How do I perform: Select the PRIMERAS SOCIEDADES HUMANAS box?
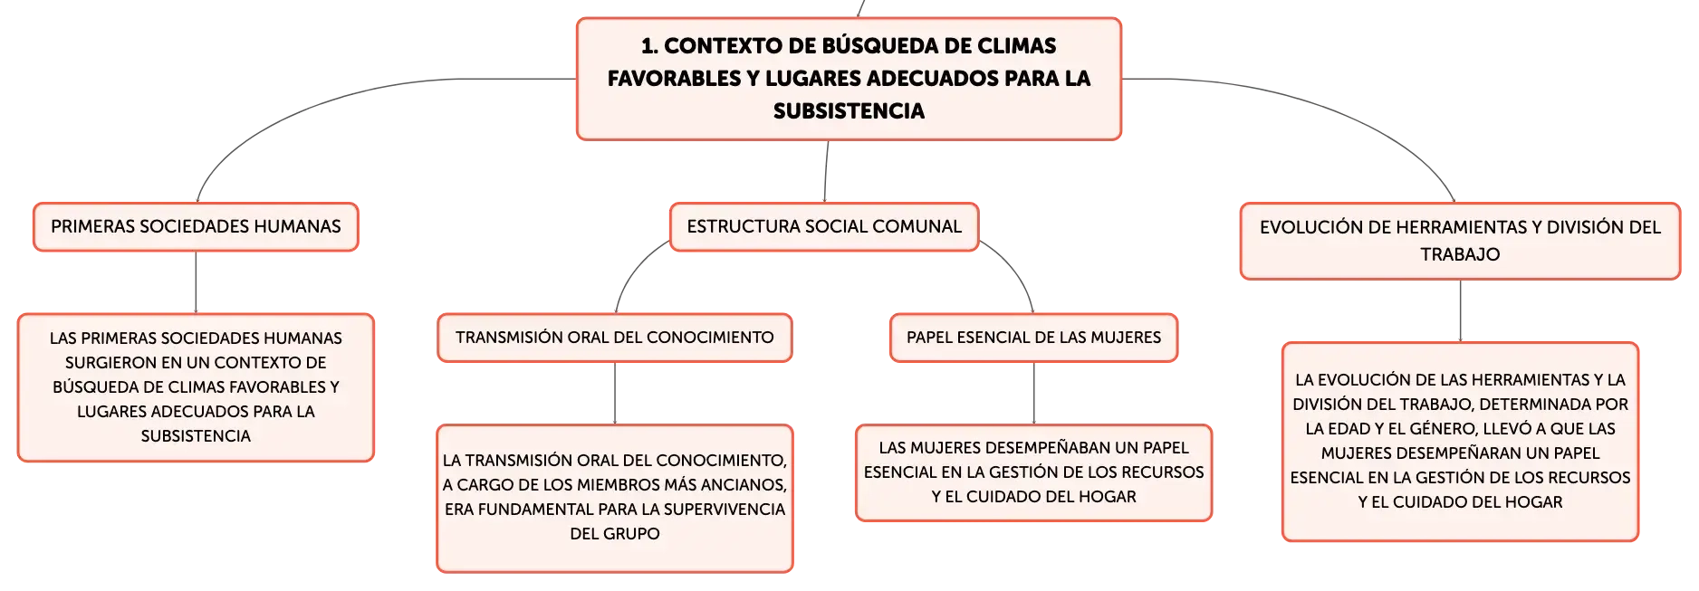click(x=196, y=227)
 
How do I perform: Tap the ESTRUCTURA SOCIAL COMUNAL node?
click(x=824, y=226)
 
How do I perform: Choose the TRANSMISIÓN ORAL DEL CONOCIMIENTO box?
click(x=615, y=338)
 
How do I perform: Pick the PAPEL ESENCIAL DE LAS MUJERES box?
click(x=1033, y=338)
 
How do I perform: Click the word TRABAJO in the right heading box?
click(x=1460, y=254)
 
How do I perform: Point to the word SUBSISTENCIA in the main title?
click(x=849, y=111)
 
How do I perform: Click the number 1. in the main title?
click(x=649, y=45)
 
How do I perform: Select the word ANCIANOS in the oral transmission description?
click(x=746, y=485)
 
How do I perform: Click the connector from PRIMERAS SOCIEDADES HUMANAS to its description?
click(x=196, y=282)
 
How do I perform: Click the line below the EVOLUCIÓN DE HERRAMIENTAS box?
click(x=1460, y=310)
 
